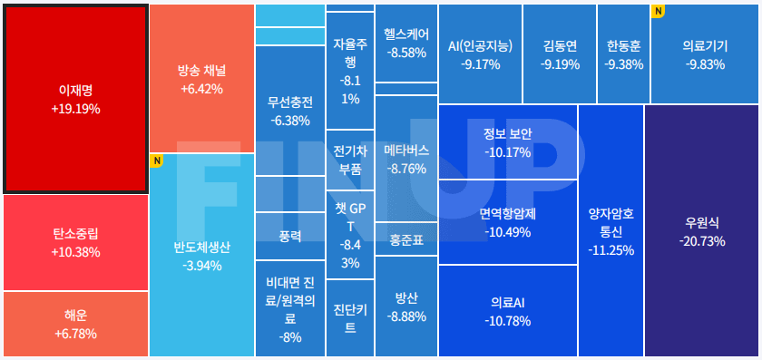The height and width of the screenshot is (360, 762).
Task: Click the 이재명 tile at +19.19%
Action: coord(75,99)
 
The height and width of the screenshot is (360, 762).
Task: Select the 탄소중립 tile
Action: coord(75,242)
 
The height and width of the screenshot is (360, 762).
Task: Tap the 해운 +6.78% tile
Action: coord(75,324)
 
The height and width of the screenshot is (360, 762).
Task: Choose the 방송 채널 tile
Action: coord(201,79)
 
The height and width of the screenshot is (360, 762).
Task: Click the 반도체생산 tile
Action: coord(201,255)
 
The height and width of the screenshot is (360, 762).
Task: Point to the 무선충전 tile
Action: coord(289,110)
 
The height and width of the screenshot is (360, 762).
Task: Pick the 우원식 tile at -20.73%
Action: coord(702,230)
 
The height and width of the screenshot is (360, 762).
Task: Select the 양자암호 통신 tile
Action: coord(610,231)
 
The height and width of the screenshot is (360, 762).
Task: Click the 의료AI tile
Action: coord(507,310)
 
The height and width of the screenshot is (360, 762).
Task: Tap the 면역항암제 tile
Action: coord(507,222)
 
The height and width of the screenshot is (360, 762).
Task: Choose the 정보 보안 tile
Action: coord(507,142)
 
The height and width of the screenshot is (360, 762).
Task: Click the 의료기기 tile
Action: coord(705,54)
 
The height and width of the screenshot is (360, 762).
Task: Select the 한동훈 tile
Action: coord(623,54)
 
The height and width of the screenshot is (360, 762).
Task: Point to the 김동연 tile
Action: coord(560,54)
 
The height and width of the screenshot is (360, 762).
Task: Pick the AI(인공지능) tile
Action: coord(480,54)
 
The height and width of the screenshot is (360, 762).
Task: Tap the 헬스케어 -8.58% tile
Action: coord(405,43)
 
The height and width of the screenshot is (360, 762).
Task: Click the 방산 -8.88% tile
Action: coord(405,306)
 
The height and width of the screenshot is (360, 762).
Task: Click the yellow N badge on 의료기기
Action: coord(658,11)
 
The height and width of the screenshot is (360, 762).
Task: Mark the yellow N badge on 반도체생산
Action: coord(156,161)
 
